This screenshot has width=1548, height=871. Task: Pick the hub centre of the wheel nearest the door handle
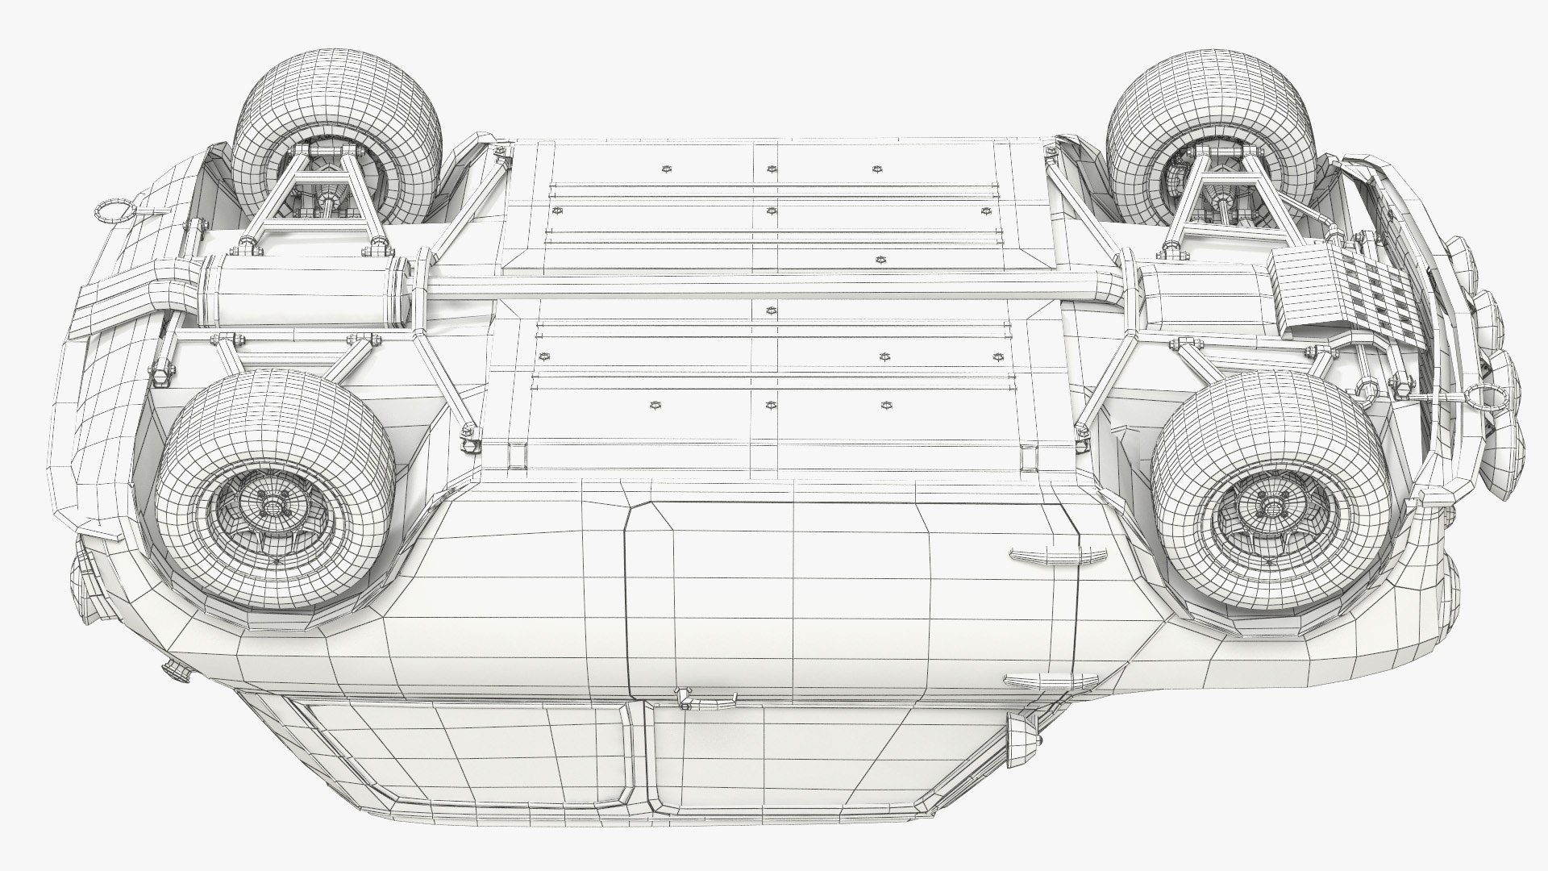(x=1271, y=505)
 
